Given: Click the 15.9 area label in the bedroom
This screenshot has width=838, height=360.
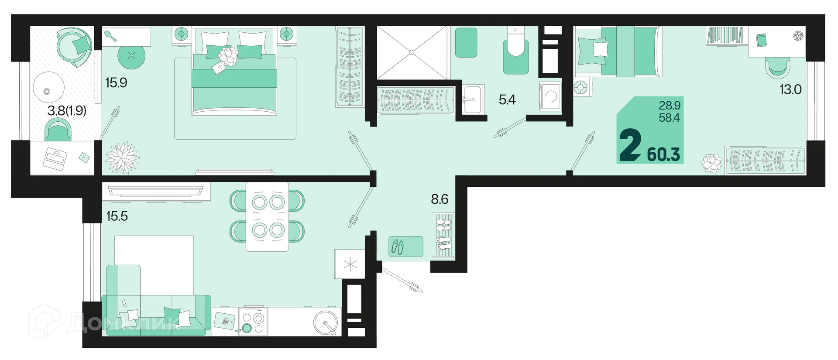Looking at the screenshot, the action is tap(116, 82).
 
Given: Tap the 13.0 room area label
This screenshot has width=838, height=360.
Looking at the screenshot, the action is tap(790, 89).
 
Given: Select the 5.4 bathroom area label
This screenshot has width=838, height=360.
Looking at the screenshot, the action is tap(507, 100).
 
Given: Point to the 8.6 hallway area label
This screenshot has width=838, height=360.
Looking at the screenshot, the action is tap(440, 199).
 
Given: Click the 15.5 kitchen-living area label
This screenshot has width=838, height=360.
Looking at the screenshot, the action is tap(117, 216).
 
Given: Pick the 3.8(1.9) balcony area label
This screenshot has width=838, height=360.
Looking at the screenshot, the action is tap(67, 110).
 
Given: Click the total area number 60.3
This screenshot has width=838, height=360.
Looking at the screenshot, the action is tap(663, 154).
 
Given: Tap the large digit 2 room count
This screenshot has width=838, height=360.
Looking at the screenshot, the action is tap(630, 146).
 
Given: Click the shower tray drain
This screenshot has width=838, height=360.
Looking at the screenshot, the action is tap(412, 53).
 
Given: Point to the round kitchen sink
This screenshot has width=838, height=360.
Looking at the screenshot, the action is tap(326, 322).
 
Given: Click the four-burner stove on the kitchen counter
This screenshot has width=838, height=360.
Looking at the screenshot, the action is tap(253, 322).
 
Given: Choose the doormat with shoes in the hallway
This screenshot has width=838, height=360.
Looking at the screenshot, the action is tap(406, 247).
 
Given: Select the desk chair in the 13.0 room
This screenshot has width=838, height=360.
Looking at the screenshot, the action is tap(777, 67).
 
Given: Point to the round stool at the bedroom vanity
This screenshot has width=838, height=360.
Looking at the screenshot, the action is tap(131, 56).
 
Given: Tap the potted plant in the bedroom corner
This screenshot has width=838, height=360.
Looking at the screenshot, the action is tap(122, 158).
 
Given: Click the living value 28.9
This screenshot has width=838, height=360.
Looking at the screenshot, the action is tap(670, 106).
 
